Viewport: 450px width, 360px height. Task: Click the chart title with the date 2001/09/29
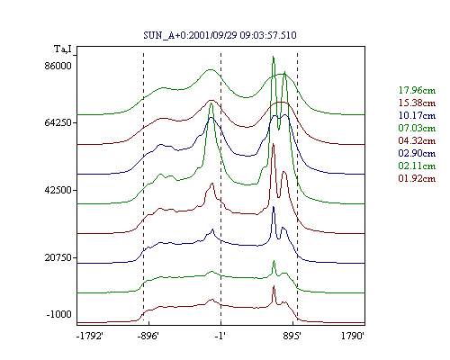point(220,35)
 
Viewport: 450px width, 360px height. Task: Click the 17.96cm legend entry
point(417,90)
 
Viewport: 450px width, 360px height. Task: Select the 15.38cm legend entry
point(417,103)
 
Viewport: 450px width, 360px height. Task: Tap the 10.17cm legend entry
point(417,115)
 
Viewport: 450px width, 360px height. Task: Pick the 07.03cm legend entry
point(417,128)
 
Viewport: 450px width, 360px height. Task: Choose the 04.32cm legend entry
point(417,140)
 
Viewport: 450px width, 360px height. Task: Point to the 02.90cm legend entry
point(417,153)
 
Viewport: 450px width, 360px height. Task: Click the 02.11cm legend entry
point(417,166)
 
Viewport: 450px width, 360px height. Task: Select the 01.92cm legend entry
point(417,178)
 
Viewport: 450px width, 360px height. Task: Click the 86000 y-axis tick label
point(58,66)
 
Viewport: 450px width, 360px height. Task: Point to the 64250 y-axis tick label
point(58,122)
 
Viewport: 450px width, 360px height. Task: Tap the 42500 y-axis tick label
point(58,190)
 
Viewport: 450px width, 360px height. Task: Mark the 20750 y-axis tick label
point(58,257)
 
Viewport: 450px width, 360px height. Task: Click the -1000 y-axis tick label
point(58,314)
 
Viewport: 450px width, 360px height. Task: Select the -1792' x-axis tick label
point(90,336)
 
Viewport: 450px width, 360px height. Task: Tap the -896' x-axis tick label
point(148,336)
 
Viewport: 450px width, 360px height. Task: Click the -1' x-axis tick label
point(220,336)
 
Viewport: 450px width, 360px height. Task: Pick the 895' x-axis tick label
point(292,336)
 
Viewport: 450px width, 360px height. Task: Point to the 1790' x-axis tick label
point(353,336)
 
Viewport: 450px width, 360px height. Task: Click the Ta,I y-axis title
point(63,49)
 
